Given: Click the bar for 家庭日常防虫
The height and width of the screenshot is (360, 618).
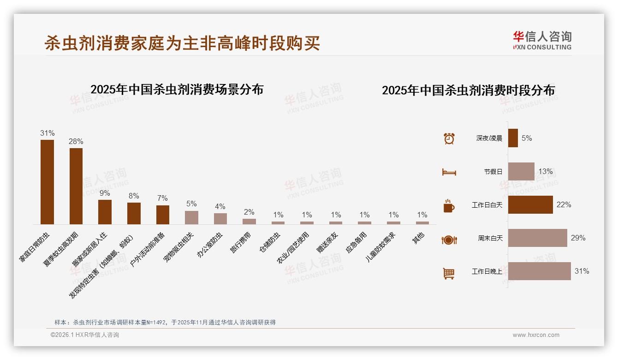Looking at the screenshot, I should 47,182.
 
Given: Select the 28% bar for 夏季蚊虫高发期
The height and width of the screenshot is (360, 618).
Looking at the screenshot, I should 76,186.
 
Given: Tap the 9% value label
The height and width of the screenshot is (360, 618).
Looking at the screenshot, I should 105,193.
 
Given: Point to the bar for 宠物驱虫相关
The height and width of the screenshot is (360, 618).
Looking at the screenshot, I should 191,217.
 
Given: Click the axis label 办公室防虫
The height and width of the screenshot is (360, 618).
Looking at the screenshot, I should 210,244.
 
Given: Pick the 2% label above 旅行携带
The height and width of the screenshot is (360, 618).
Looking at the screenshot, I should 249,212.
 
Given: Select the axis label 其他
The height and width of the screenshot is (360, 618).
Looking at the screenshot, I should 418,238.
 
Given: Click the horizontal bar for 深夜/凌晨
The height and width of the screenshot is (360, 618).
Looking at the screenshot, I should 513,138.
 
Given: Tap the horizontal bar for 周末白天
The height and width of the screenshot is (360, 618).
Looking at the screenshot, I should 537,238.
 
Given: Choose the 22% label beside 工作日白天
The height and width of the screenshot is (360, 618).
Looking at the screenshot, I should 564,205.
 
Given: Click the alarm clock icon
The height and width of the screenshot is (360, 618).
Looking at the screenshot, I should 449,138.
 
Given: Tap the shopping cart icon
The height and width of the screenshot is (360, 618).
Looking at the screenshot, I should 449,273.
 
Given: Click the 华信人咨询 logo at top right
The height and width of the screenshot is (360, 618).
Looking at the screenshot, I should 542,40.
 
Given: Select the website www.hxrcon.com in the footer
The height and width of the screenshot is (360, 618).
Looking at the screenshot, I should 536,335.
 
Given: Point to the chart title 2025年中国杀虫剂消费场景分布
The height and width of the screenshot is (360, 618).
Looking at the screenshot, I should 177,90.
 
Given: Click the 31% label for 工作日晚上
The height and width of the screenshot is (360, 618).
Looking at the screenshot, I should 582,271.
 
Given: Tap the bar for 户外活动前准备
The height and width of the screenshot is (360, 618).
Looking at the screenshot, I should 163,215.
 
